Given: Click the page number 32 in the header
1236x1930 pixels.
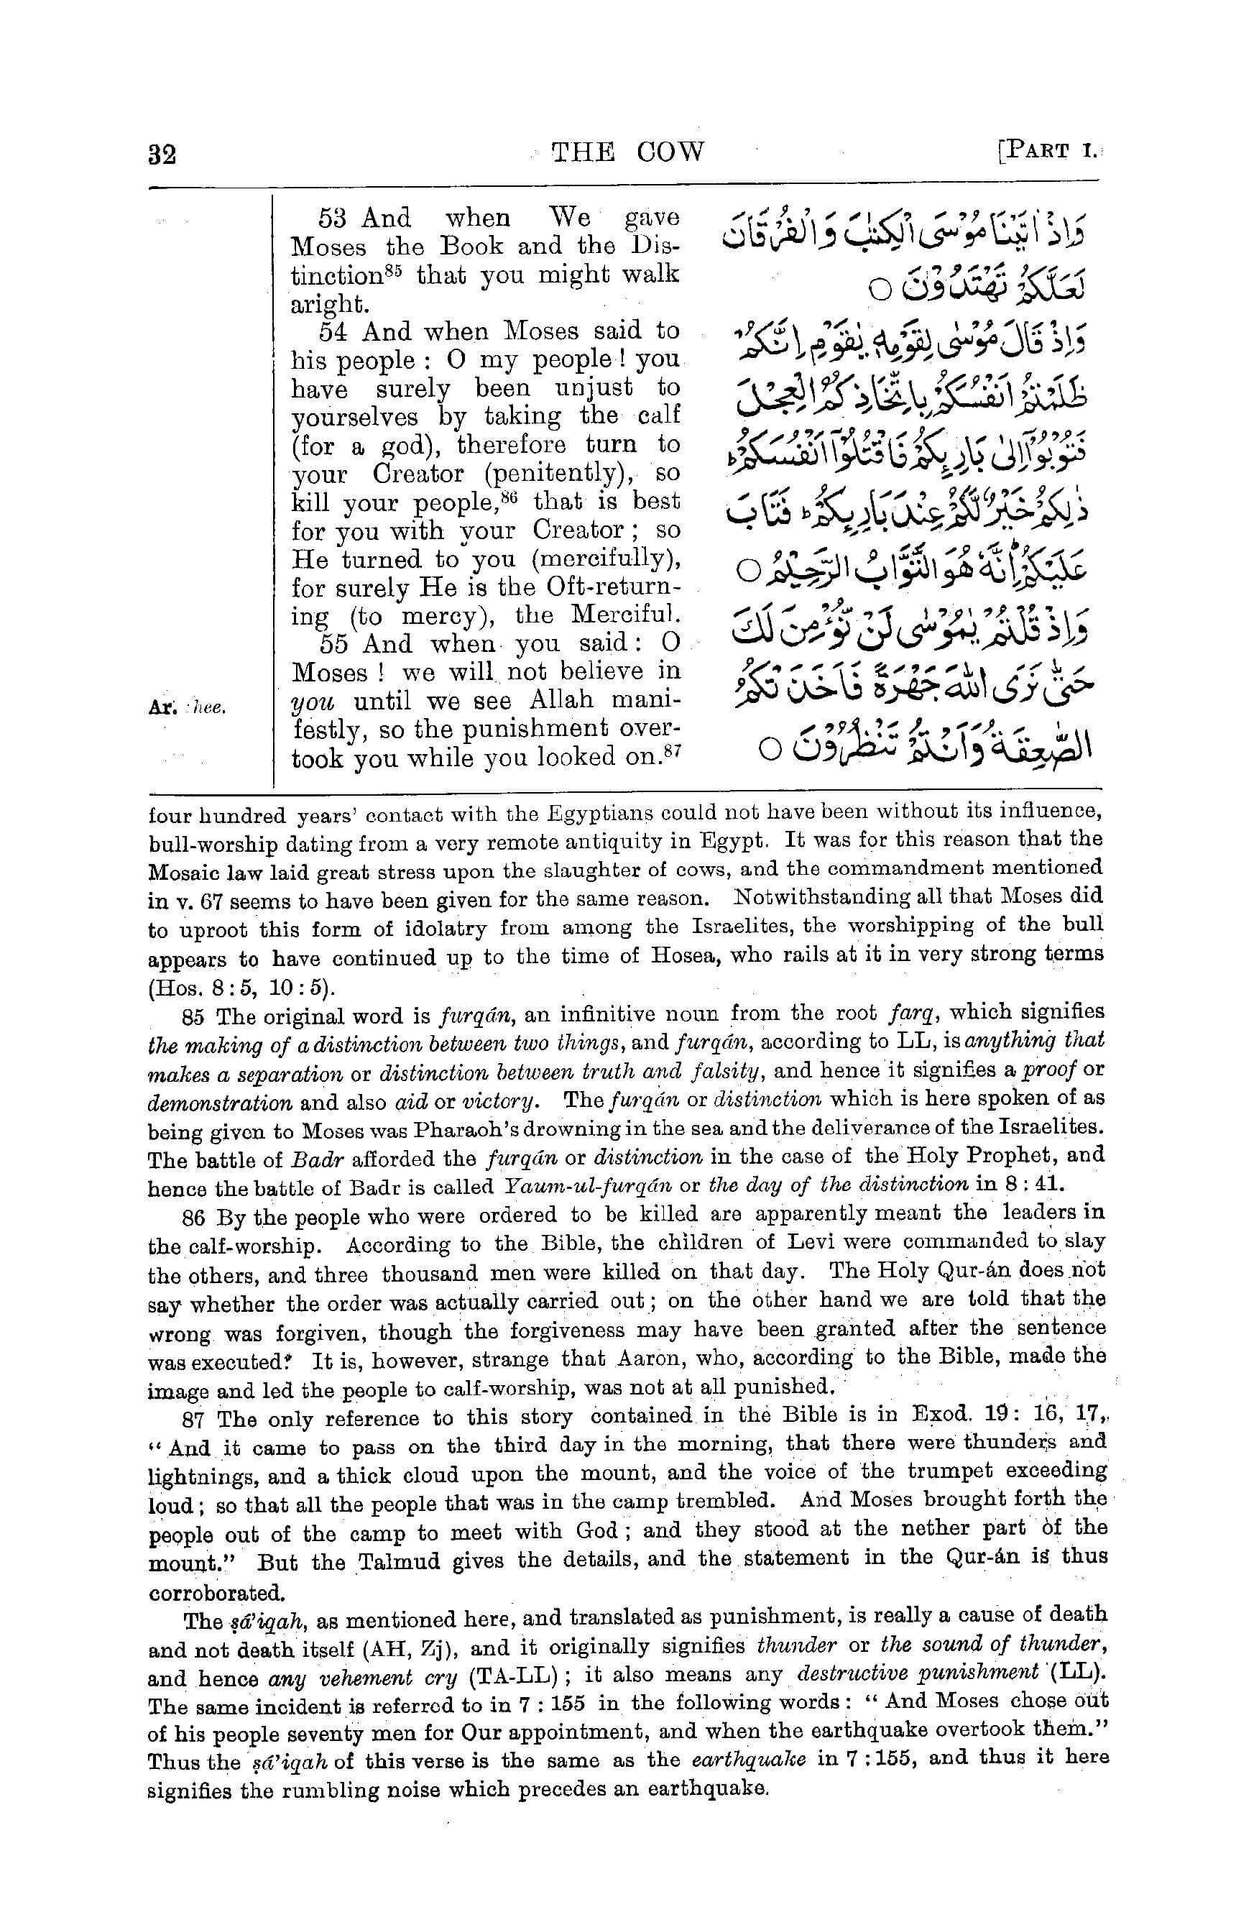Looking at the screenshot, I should [x=162, y=152].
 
